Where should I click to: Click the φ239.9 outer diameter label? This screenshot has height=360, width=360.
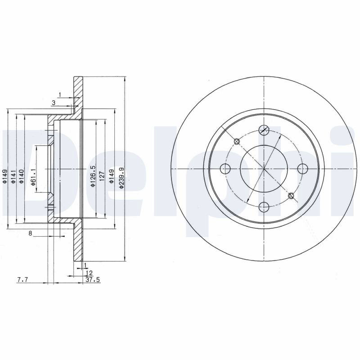(121, 178)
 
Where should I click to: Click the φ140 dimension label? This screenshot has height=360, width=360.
(21, 176)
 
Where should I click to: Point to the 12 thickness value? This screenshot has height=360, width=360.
(89, 273)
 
